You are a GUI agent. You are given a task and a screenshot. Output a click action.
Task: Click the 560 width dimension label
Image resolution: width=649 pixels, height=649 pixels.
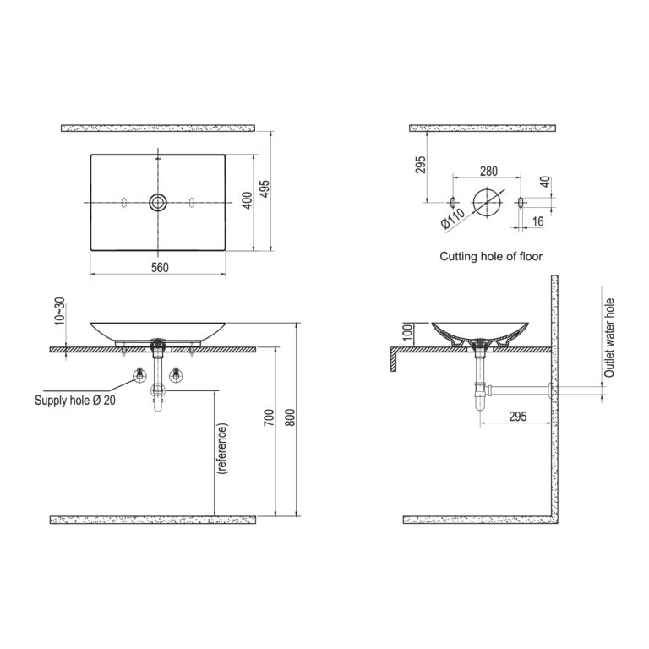(x=160, y=268)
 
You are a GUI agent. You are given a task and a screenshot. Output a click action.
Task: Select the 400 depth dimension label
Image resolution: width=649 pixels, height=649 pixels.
(x=247, y=200)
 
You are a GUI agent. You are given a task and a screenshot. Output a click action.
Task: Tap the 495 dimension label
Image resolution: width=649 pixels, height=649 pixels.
(x=265, y=188)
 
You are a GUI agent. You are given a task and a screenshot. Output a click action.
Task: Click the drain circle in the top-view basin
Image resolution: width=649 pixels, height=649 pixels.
(x=158, y=203)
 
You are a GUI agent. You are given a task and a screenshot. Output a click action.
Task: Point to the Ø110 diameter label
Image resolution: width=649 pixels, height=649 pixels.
(x=453, y=218)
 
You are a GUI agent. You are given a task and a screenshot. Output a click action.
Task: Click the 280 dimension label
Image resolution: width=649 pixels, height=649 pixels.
(x=488, y=171)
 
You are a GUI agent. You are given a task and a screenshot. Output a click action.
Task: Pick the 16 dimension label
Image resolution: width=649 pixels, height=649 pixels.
(x=537, y=221)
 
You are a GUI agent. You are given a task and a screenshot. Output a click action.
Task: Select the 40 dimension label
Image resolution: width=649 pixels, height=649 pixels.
(x=546, y=182)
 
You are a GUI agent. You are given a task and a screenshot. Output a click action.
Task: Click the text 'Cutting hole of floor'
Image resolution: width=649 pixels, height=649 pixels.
(x=491, y=257)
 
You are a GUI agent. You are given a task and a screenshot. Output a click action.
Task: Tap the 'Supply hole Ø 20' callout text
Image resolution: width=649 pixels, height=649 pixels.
(x=75, y=401)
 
